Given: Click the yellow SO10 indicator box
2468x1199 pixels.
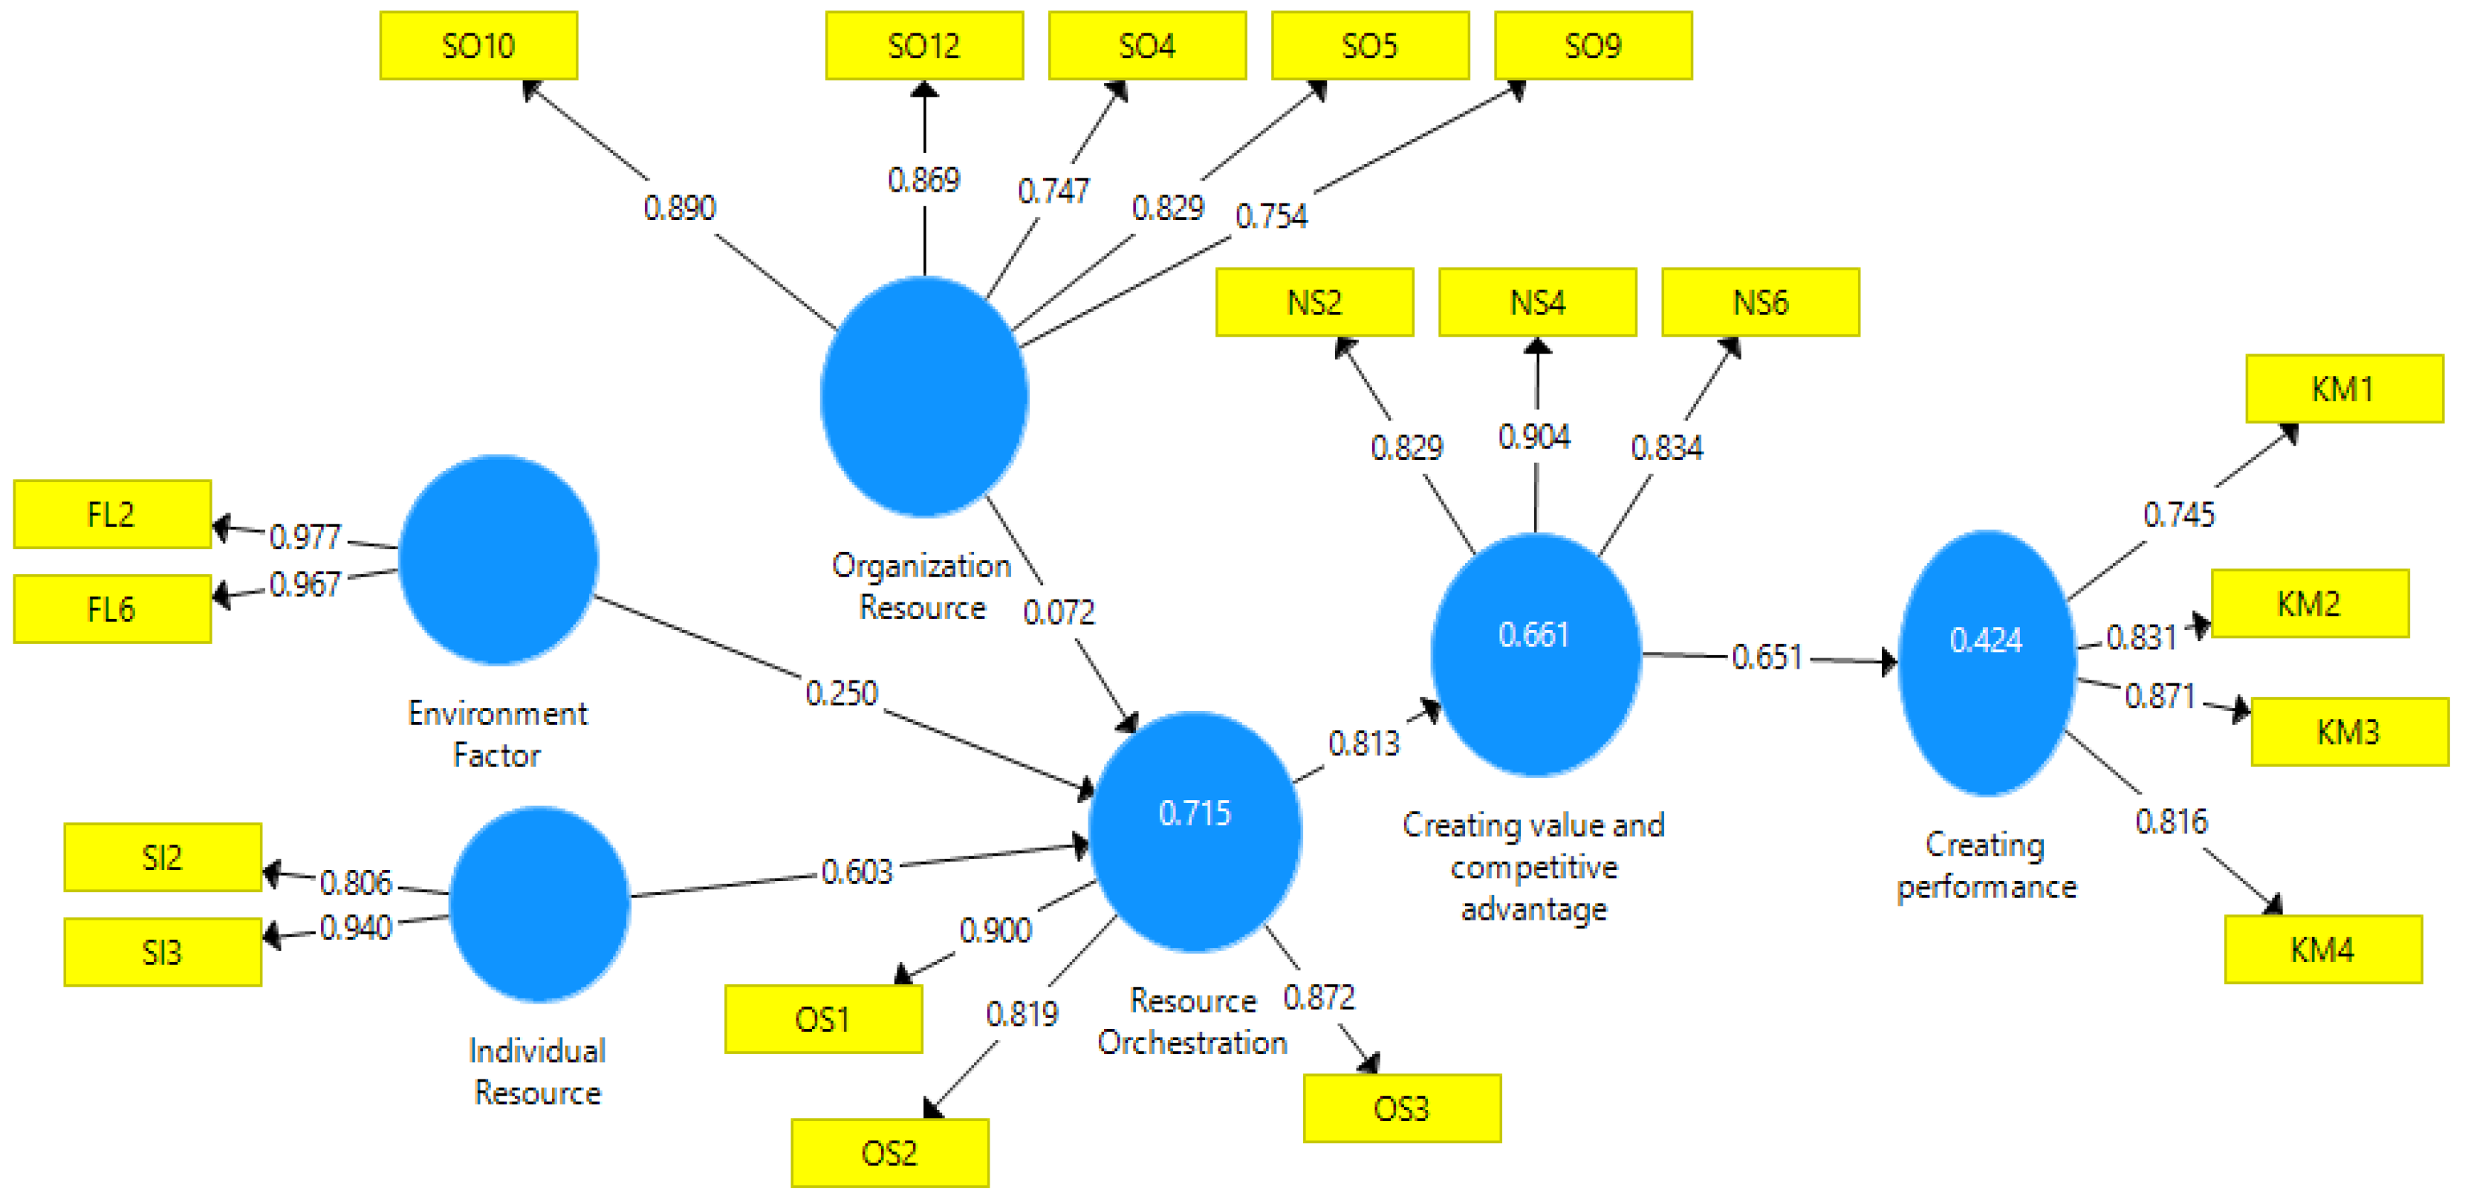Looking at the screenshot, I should pyautogui.click(x=478, y=45).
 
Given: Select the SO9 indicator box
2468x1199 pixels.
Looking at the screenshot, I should pyautogui.click(x=1592, y=45).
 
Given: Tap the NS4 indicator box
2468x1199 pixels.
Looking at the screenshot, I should pyautogui.click(x=1537, y=302).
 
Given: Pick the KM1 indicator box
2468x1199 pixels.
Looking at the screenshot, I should pyautogui.click(x=2343, y=389).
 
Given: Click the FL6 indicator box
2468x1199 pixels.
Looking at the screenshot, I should pyautogui.click(x=112, y=609).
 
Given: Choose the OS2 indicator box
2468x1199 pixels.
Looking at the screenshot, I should pyautogui.click(x=889, y=1152).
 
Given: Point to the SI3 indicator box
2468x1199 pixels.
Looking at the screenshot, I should pyautogui.click(x=162, y=952).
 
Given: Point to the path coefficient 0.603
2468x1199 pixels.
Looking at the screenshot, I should pyautogui.click(x=857, y=871).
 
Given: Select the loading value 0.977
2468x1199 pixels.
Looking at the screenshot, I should pyautogui.click(x=305, y=536).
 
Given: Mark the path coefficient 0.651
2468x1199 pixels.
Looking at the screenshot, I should pyautogui.click(x=1767, y=657).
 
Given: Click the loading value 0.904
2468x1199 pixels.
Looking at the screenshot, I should pyautogui.click(x=1534, y=437).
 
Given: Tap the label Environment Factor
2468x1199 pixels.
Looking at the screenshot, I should pyautogui.click(x=497, y=733).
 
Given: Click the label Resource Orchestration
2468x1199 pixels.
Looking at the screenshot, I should pyautogui.click(x=1193, y=1021).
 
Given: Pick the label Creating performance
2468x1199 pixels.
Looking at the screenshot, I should pyautogui.click(x=1986, y=865).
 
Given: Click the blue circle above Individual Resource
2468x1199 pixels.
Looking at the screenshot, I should pyautogui.click(x=539, y=904).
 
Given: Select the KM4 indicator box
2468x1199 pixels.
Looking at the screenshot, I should pyautogui.click(x=2322, y=949).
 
